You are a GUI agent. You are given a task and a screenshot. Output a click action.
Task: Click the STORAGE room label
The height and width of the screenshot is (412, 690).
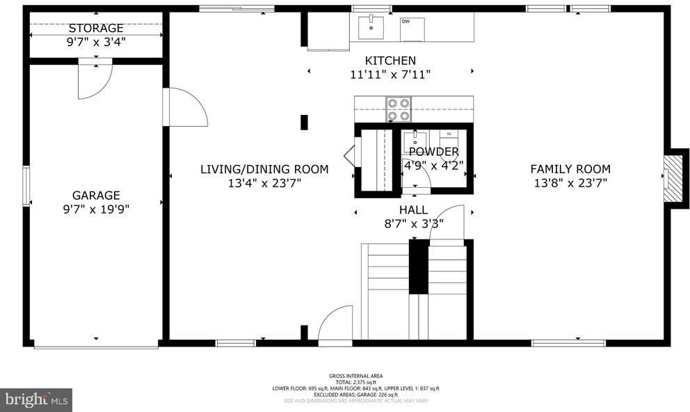(x=96, y=29)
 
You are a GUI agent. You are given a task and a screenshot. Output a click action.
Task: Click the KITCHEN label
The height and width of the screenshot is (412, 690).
(x=390, y=61)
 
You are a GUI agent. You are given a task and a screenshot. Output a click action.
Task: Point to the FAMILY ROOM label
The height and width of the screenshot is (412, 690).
(x=570, y=169)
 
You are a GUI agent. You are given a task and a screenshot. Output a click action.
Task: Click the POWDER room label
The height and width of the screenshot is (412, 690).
(x=433, y=152)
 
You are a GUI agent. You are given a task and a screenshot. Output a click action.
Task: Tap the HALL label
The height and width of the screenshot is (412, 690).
(x=413, y=209)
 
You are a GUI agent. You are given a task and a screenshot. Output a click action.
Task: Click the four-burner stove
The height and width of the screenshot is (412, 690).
(x=399, y=109)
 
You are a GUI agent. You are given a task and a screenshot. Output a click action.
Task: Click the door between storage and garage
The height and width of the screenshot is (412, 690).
(x=95, y=78)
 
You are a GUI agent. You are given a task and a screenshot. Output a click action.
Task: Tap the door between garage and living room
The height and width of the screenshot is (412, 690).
(x=185, y=107)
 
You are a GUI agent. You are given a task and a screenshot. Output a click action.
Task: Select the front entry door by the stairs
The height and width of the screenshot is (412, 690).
(x=335, y=325)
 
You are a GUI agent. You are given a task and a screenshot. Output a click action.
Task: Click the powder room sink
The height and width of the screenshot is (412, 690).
(x=416, y=141)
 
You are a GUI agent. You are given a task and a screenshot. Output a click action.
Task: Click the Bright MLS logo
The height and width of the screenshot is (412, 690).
(x=36, y=399)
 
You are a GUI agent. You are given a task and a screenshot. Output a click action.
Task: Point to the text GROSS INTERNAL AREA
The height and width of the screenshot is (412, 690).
(x=355, y=376)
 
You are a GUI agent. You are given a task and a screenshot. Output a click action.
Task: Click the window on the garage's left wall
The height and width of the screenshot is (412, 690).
(x=26, y=186)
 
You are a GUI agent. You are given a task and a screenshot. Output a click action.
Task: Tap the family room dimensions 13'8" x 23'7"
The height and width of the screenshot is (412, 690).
(x=570, y=183)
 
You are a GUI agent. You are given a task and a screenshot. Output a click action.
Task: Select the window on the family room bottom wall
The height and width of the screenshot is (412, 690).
(x=568, y=342)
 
